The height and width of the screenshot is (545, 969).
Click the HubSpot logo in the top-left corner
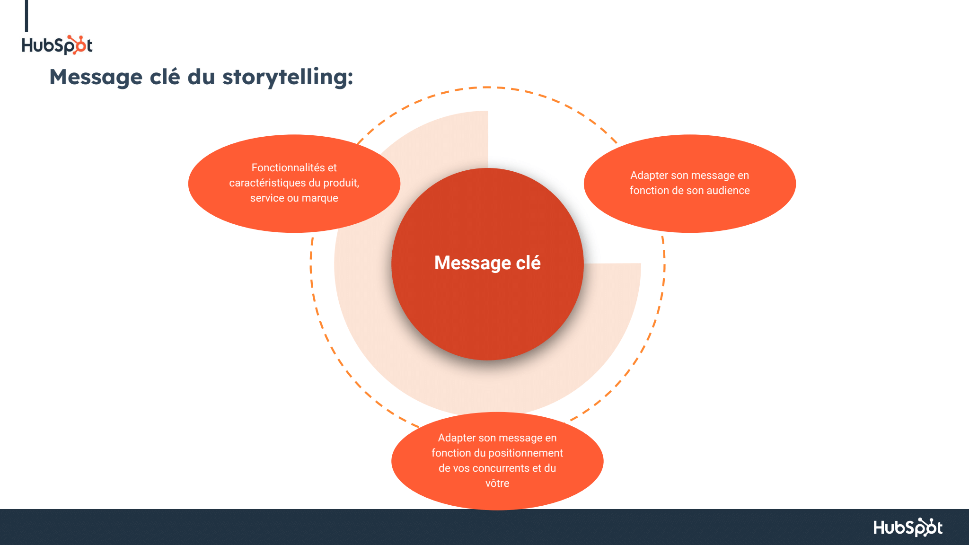57,45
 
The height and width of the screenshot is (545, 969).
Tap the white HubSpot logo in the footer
907,527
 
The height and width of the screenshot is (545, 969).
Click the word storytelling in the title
287,77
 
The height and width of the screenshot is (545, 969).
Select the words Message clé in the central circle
487,263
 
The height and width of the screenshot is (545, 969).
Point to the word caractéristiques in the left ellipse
267,183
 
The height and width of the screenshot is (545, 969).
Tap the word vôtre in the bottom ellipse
497,483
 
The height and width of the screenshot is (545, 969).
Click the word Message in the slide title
96,77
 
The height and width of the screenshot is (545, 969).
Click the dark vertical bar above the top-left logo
26,16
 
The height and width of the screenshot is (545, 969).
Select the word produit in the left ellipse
341,183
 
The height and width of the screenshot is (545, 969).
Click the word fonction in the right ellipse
648,190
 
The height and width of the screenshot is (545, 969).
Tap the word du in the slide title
201,77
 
